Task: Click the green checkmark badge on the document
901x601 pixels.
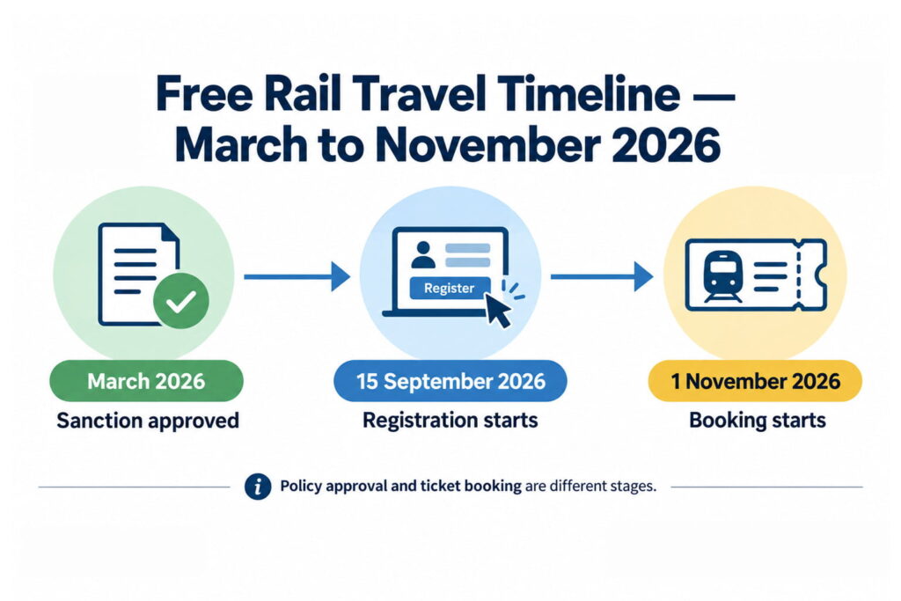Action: click(181, 301)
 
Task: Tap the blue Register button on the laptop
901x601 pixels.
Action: click(450, 288)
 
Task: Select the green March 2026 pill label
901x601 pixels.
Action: click(147, 381)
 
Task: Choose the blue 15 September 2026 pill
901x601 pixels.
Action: click(450, 381)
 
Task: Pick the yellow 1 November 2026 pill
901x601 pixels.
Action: click(755, 381)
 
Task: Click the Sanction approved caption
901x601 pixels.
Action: click(148, 421)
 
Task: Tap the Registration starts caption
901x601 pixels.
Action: click(450, 420)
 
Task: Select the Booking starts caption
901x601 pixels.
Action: click(758, 420)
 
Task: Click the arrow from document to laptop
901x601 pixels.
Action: click(297, 277)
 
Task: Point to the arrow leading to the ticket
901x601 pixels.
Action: click(602, 277)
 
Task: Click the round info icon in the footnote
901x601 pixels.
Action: click(258, 487)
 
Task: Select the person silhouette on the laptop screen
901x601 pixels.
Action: click(423, 254)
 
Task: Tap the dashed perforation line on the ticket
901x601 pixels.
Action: click(797, 275)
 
